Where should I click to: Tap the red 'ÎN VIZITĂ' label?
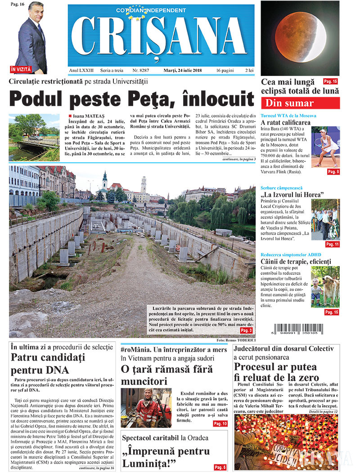tap(21, 69)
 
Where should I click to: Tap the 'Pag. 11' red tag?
tap(332, 244)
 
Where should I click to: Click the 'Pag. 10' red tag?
tap(220, 424)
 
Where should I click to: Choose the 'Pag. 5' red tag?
tap(220, 467)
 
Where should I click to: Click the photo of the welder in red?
tap(146, 407)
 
